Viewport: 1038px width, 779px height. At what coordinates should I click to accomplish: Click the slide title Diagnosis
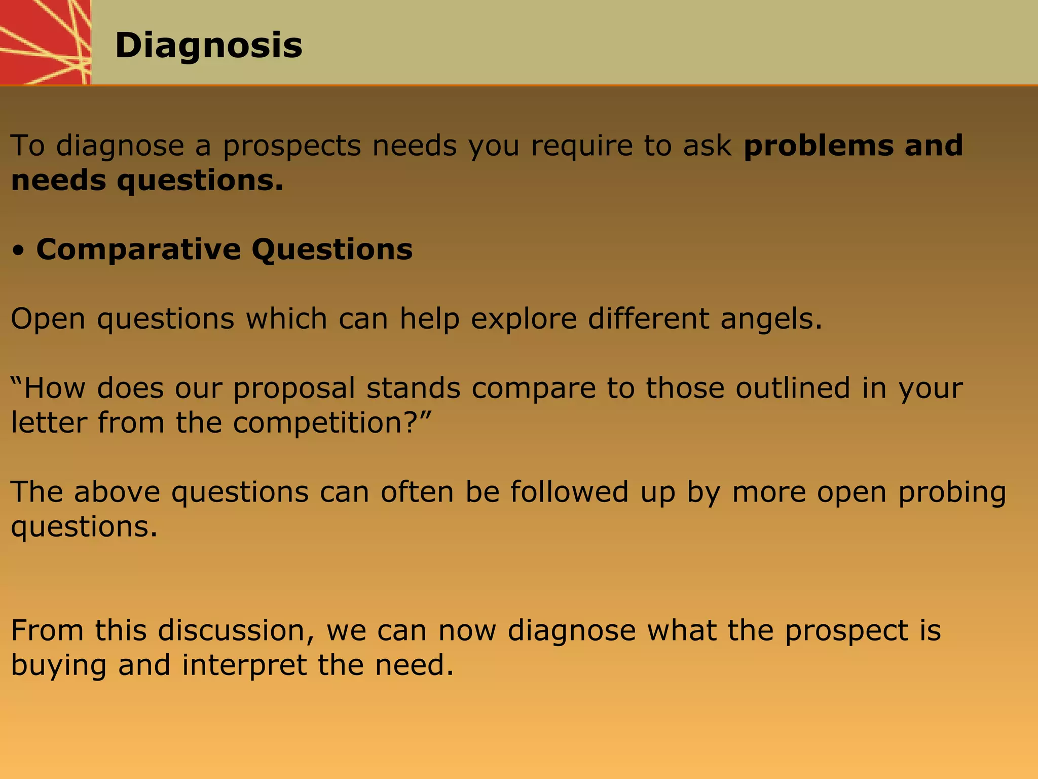[208, 46]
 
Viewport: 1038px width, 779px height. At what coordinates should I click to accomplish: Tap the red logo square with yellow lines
[45, 42]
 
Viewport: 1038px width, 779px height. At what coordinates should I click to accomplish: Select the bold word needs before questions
[58, 181]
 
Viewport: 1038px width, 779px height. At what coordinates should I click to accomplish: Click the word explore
[524, 320]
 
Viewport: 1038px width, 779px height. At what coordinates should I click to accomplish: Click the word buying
[58, 666]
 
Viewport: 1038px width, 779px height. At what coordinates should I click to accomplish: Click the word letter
[49, 423]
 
